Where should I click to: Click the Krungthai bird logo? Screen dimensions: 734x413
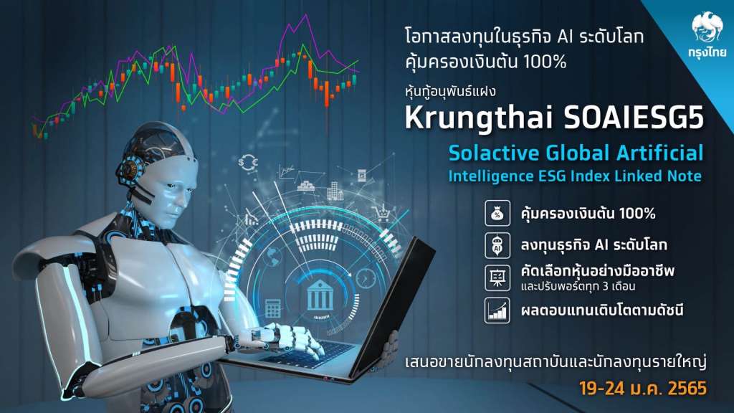[707, 27]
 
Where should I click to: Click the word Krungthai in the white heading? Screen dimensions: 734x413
[479, 119]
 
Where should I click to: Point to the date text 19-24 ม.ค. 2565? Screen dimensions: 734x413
[643, 388]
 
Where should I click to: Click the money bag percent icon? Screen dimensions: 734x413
[497, 213]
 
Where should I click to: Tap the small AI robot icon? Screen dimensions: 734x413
[497, 245]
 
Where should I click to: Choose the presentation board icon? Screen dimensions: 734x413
[497, 277]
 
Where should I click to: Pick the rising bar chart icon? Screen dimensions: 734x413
[497, 310]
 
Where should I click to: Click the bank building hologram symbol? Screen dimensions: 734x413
[320, 295]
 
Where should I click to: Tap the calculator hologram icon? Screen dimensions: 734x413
[272, 308]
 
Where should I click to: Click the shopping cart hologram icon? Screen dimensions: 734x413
[382, 214]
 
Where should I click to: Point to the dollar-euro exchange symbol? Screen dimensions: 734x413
[248, 163]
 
